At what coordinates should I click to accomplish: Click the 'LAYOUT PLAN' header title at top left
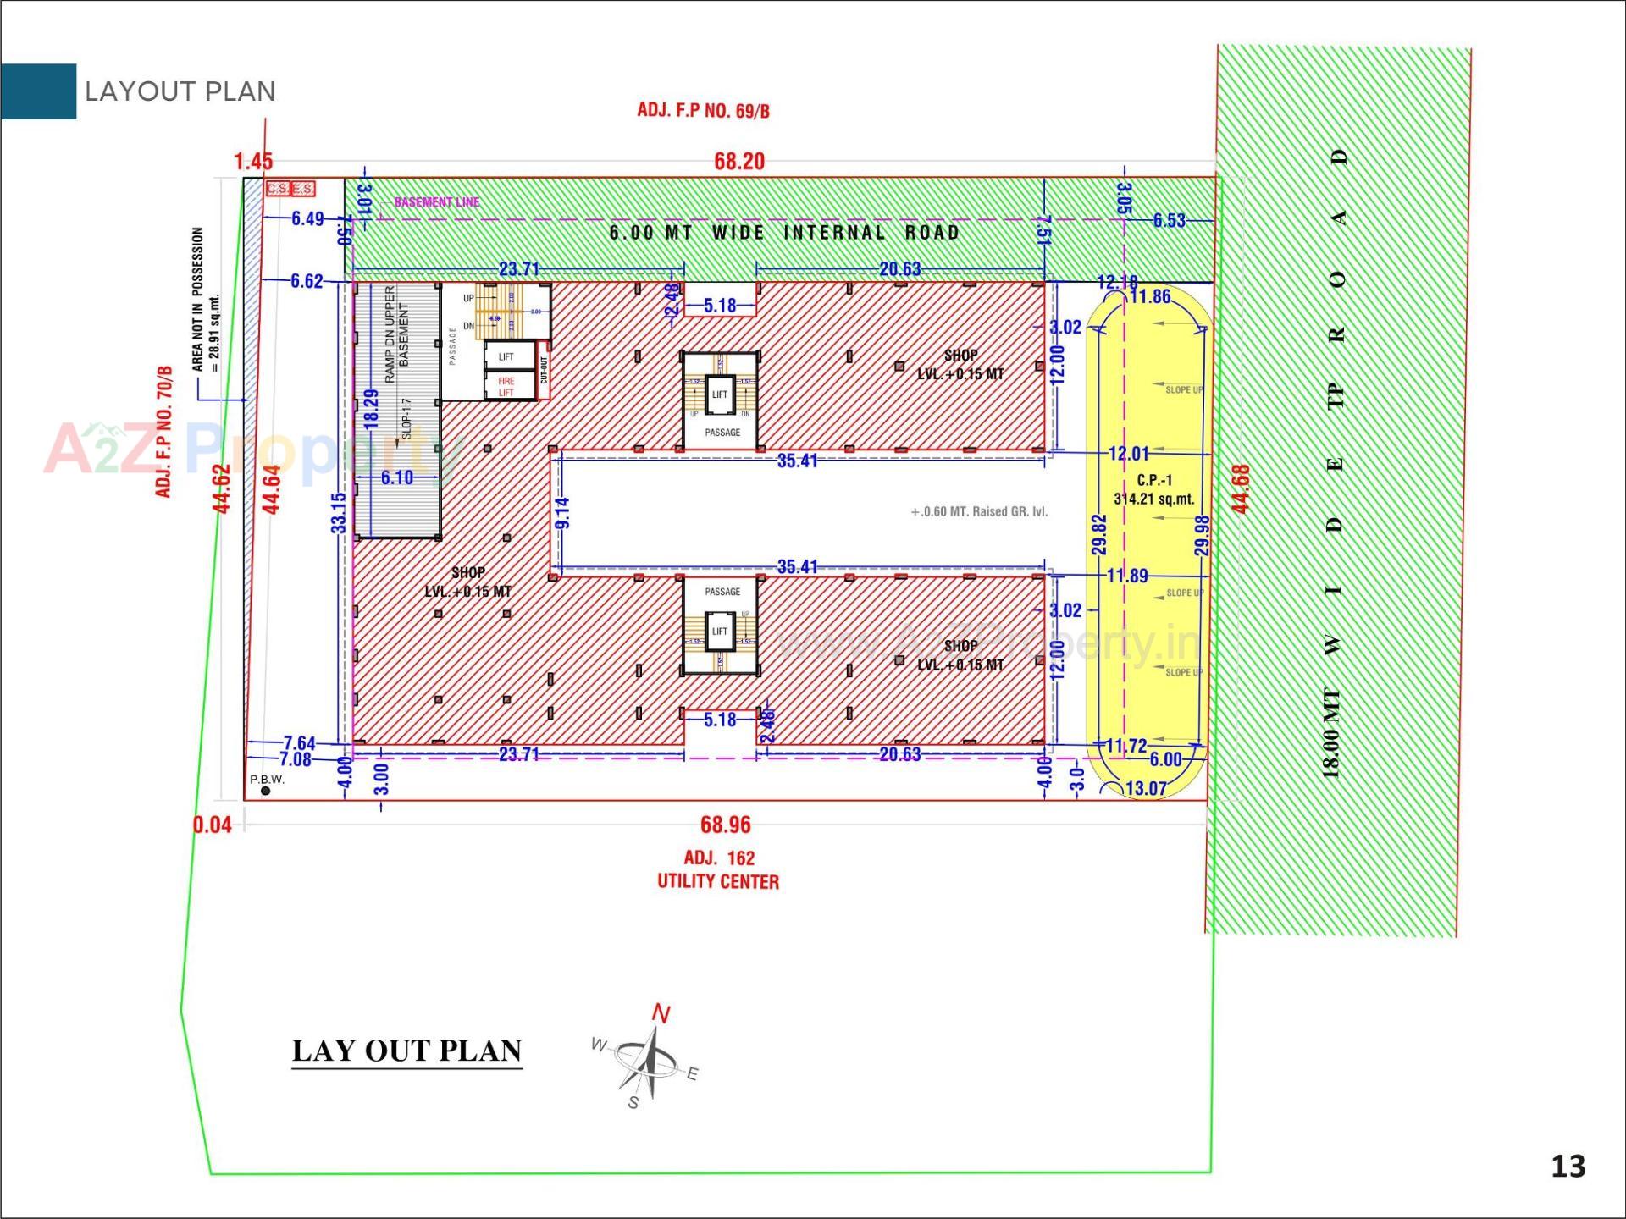click(x=180, y=91)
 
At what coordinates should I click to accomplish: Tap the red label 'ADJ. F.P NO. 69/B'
click(x=703, y=110)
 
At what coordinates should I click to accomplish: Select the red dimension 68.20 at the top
click(x=738, y=161)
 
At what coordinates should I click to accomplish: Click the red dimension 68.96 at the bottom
click(x=725, y=825)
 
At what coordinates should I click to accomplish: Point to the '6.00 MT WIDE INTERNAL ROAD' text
click(x=784, y=233)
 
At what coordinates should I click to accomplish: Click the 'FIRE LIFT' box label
click(x=506, y=387)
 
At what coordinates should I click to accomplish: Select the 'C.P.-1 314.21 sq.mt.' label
click(x=1153, y=489)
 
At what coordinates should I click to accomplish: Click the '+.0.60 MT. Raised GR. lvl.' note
click(x=979, y=511)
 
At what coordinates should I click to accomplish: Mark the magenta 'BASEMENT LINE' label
click(x=437, y=202)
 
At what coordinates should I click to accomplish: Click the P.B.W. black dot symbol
click(x=266, y=791)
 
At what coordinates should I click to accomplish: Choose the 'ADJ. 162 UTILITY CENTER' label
click(x=718, y=869)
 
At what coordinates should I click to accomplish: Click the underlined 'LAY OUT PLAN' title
click(x=406, y=1051)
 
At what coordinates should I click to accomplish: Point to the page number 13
click(x=1568, y=1167)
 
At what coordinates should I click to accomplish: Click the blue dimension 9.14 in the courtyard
click(x=562, y=513)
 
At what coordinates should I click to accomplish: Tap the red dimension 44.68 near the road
click(x=1240, y=488)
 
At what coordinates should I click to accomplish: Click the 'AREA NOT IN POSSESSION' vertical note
click(x=204, y=300)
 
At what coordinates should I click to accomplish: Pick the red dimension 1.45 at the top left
click(x=253, y=161)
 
